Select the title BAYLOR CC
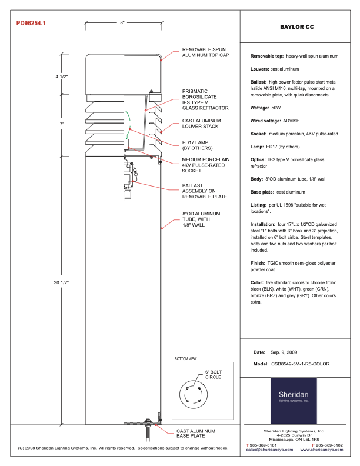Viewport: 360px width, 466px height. pos(296,27)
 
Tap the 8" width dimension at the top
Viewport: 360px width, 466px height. pos(122,22)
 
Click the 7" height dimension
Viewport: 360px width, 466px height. pos(61,124)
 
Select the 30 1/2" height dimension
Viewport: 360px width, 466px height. pos(61,283)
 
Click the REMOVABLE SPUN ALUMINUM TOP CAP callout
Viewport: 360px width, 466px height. pos(204,52)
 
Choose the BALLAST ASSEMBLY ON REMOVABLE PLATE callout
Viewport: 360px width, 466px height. pos(204,191)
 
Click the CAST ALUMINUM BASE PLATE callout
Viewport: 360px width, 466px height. pos(198,434)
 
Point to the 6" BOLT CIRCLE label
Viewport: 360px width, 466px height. pos(214,375)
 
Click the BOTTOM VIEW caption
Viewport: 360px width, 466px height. pos(186,358)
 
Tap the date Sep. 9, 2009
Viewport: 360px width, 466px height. pos(285,352)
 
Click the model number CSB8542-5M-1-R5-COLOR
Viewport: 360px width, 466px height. pos(304,364)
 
